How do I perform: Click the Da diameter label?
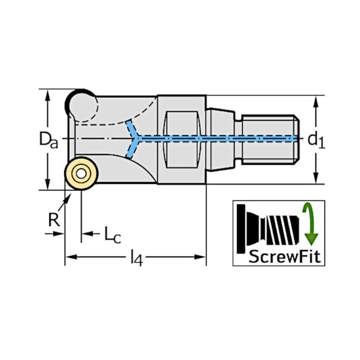(48, 140)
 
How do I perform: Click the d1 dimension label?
(316, 141)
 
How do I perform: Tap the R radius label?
(54, 220)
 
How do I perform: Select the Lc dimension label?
(112, 235)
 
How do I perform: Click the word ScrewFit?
(285, 256)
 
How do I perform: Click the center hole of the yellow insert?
(81, 173)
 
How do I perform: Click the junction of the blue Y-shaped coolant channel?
(137, 138)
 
